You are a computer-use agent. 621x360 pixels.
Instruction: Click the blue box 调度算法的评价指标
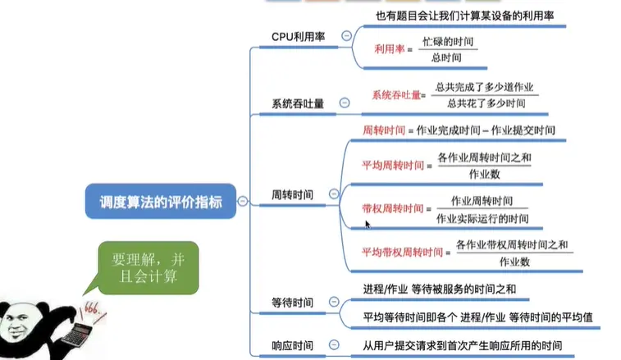[x=160, y=201]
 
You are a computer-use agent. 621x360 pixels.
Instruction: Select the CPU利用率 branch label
[x=298, y=37]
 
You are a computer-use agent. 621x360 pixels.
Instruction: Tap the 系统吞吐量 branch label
[x=298, y=104]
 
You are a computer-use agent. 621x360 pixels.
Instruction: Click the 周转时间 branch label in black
[x=291, y=195]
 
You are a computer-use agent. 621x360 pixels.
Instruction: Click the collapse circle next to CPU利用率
[x=346, y=36]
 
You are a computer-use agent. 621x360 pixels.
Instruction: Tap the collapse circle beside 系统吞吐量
[x=345, y=103]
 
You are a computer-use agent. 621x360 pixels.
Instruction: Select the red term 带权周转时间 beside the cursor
[x=390, y=209]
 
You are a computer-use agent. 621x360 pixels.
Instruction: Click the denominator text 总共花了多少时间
[x=486, y=104]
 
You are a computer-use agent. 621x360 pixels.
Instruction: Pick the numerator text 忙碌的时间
[x=448, y=40]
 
